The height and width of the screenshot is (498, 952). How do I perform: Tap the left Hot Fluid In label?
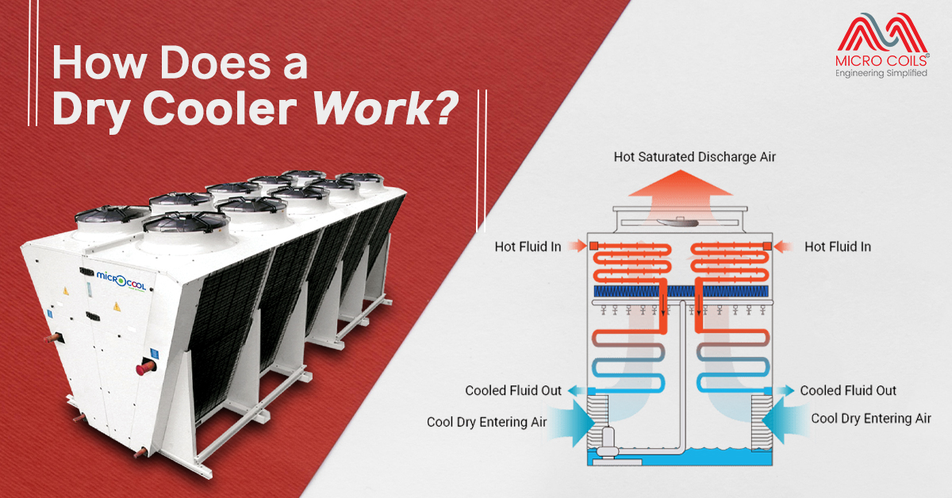528,247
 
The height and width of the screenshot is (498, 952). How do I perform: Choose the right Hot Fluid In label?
838,247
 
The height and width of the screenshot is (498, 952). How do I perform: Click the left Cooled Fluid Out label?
513,390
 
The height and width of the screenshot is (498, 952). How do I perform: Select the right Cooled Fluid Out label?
848,390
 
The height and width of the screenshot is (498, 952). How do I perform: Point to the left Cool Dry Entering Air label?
486,422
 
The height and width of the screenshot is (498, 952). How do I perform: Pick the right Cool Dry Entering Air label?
870,418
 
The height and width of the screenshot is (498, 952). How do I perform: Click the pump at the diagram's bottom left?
608,440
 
